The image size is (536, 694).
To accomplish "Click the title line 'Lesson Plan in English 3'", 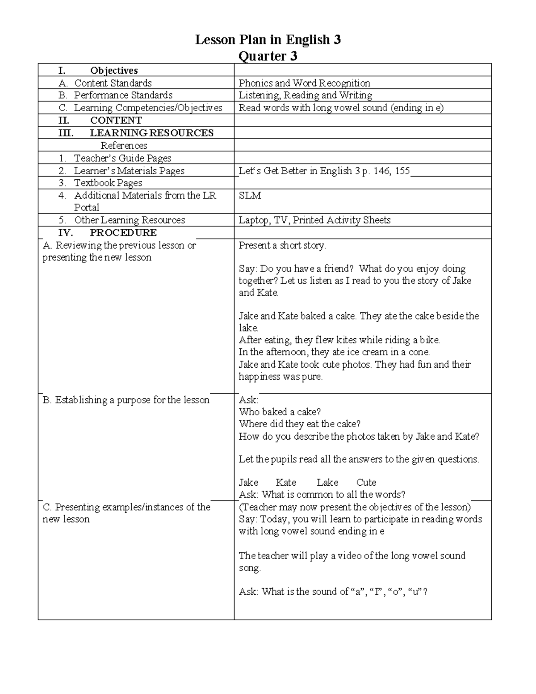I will (268, 40).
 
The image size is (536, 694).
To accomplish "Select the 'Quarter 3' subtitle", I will (268, 56).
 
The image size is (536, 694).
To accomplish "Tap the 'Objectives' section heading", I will (113, 71).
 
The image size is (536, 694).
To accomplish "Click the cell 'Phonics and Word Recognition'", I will (304, 83).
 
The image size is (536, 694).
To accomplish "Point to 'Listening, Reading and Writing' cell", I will (305, 95).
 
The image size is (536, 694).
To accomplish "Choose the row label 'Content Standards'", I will (113, 83).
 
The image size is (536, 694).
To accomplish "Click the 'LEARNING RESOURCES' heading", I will (151, 133).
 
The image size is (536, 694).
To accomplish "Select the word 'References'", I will (124, 146).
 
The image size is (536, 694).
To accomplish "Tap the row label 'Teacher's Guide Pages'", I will (122, 158).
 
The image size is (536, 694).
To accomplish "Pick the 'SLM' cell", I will (250, 196).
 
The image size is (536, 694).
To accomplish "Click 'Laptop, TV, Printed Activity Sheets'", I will (314, 220).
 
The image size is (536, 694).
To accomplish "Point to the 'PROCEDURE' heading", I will (123, 233).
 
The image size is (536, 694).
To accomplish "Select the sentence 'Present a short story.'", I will (282, 245).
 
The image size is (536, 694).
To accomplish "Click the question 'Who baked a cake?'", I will (280, 412).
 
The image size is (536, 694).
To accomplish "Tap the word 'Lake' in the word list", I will (327, 483).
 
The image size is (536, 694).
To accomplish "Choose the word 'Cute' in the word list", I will (366, 483).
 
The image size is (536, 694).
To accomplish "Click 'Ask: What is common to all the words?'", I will (322, 495).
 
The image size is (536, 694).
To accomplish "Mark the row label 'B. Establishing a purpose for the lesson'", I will (126, 400).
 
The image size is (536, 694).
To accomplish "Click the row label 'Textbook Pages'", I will (108, 183).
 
